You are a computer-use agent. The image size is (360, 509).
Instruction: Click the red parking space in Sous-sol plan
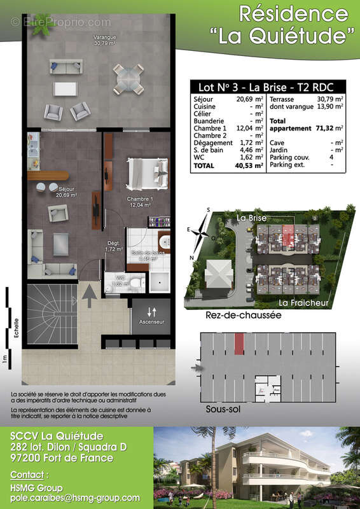[x=239, y=344]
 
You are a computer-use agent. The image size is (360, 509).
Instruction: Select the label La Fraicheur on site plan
[x=304, y=303]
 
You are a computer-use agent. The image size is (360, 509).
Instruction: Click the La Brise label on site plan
[x=251, y=218]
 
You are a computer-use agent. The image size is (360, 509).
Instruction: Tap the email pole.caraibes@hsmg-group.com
[x=75, y=498]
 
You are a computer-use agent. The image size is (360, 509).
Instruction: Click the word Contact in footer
[x=28, y=475]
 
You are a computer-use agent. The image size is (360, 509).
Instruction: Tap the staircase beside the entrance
[x=50, y=314]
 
